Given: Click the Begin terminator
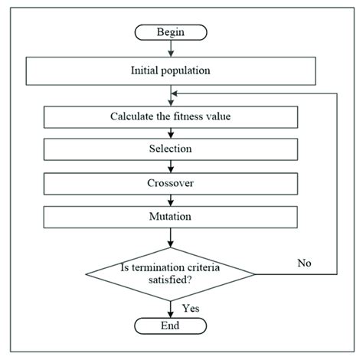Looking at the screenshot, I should tap(169, 34).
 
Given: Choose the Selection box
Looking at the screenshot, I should tap(169, 149).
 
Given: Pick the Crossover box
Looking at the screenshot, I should tap(169, 184).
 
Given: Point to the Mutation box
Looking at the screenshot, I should tap(169, 218).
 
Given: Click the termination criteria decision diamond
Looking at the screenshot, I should tap(169, 273).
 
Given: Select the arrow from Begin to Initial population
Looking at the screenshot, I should tap(169, 49).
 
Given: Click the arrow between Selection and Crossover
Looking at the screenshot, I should tap(169, 166).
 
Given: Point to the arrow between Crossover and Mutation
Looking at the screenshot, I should tap(169, 201).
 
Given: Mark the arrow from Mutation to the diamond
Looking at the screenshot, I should tap(169, 237).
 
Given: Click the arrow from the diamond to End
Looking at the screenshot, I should tap(169, 308).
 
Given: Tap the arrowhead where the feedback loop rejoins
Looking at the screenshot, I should tap(175, 93).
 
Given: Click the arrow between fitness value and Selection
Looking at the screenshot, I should tap(169, 133).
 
